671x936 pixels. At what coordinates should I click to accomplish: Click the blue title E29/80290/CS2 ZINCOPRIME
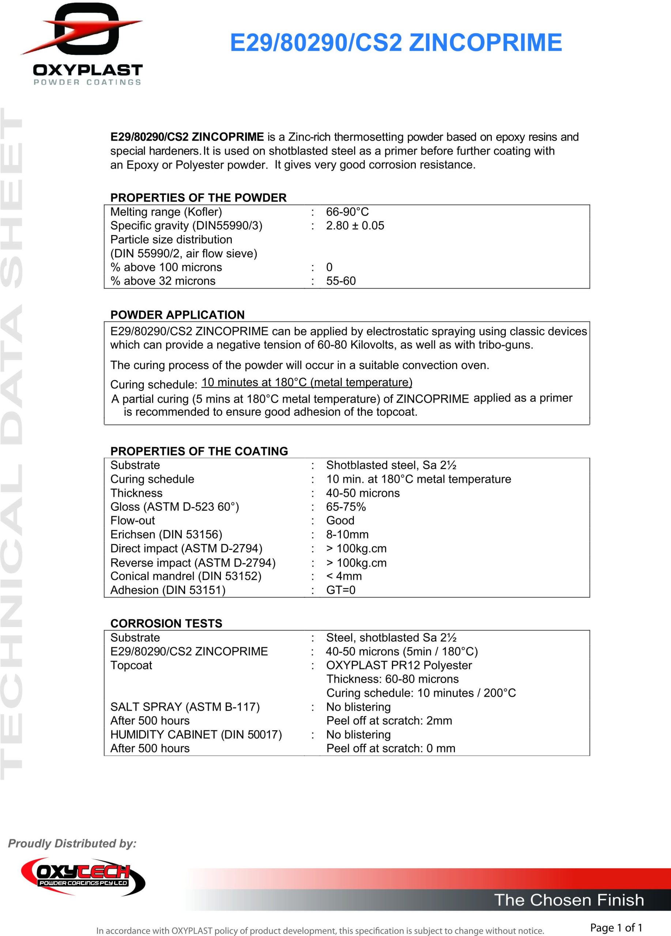tap(396, 43)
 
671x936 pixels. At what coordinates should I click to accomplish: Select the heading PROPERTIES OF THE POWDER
tap(198, 198)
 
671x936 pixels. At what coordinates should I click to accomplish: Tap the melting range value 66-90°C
tap(347, 212)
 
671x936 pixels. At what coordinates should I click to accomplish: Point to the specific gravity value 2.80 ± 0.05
tap(355, 226)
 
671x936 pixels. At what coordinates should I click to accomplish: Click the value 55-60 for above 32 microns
tap(341, 281)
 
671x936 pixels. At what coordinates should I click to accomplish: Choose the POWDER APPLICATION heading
tap(177, 315)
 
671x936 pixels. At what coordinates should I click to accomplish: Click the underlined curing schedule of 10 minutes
tap(307, 382)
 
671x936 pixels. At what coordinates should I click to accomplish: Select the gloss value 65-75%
tap(346, 507)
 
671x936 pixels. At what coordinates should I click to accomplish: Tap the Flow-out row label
tap(132, 520)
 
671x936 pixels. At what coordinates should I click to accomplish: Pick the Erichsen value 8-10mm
tap(347, 535)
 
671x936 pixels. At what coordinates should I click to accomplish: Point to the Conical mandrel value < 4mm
tap(344, 576)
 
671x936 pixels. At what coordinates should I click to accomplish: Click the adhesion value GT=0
tap(340, 590)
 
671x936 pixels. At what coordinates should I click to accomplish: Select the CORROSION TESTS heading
tap(166, 624)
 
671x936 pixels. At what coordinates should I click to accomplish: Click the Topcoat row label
tap(131, 665)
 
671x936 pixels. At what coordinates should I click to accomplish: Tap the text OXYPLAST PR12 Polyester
tap(399, 665)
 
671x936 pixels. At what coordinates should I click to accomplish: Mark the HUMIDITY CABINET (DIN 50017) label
tap(196, 735)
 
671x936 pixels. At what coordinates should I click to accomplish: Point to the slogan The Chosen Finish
tap(569, 900)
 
